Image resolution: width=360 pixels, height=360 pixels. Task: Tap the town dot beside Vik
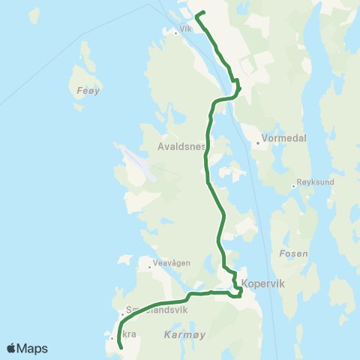tap(175, 32)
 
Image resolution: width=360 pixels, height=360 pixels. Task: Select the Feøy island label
tap(88, 91)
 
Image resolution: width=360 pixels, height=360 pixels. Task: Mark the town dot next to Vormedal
tap(258, 140)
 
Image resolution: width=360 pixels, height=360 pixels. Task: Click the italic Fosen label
tap(292, 253)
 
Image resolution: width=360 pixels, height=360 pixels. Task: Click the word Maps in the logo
tap(34, 348)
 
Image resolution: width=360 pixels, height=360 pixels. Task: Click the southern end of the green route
tap(121, 348)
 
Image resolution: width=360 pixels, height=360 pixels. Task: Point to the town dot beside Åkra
tap(112, 338)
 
